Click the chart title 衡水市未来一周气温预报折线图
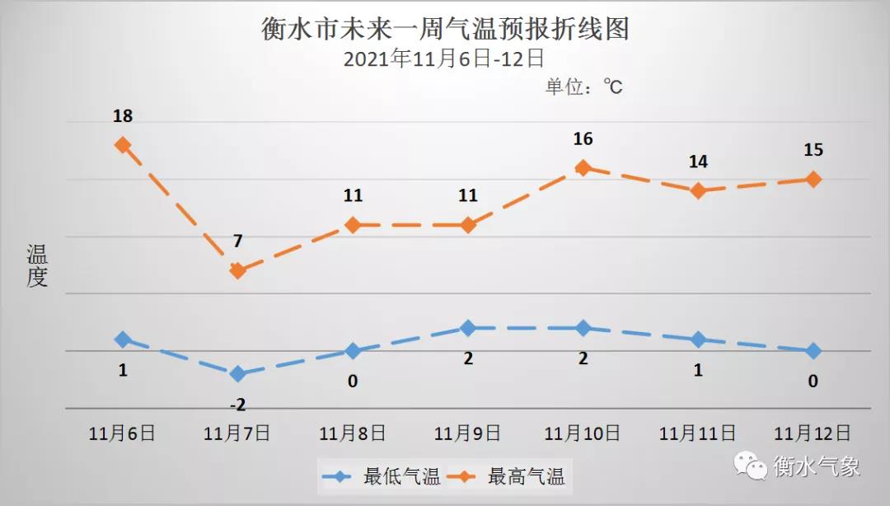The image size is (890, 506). (445, 29)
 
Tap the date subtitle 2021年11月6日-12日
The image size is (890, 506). (444, 59)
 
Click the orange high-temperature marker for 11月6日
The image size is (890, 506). (123, 145)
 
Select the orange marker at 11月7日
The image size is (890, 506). (237, 270)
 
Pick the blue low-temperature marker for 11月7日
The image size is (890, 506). (237, 373)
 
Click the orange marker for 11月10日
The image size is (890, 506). (583, 167)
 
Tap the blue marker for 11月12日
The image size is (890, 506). (813, 351)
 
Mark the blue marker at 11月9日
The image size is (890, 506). (468, 328)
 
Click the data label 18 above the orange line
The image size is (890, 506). (123, 116)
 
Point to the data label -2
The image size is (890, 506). (237, 404)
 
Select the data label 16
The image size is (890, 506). (583, 138)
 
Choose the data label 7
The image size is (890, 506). (237, 241)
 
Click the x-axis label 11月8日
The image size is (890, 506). (353, 433)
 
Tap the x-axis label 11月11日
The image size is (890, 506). (698, 433)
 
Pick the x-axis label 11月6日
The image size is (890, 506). (123, 433)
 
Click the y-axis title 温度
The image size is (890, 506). (37, 265)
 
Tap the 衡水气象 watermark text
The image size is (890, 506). (816, 466)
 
